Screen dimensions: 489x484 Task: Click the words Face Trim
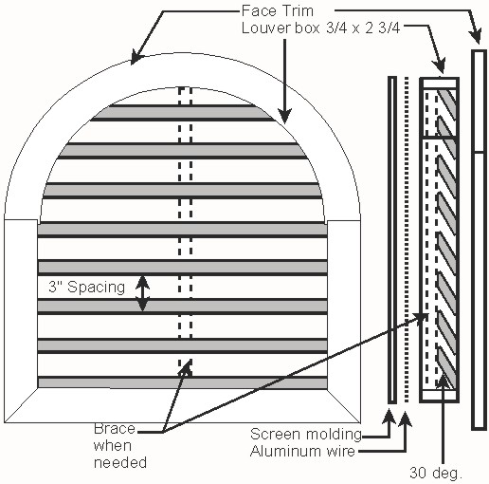[x=278, y=11]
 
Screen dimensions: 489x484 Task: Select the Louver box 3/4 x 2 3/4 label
[x=320, y=28]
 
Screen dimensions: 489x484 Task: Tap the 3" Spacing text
[x=87, y=288]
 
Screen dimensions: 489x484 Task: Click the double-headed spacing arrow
[x=142, y=293]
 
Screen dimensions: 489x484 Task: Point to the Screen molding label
[x=306, y=434]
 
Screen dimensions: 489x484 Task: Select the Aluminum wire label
[x=302, y=451]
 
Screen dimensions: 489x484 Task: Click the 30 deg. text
[x=436, y=473]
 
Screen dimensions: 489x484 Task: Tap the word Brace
[x=115, y=429]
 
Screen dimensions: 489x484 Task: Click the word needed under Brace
[x=120, y=462]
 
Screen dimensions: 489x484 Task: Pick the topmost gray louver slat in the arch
[x=182, y=113]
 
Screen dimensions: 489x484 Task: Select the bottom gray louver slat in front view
[x=182, y=382]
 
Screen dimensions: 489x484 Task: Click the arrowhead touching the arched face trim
[x=136, y=59]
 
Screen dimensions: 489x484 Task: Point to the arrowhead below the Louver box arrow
[x=284, y=116]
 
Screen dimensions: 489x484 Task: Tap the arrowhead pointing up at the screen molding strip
[x=389, y=416]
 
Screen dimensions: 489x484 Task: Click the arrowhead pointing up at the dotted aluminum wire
[x=405, y=417]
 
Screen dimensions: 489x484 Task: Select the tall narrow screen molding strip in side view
[x=392, y=240]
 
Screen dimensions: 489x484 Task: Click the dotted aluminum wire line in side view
[x=407, y=240]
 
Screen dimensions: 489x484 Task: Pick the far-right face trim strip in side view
[x=479, y=240]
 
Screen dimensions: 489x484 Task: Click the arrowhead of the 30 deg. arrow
[x=444, y=381]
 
